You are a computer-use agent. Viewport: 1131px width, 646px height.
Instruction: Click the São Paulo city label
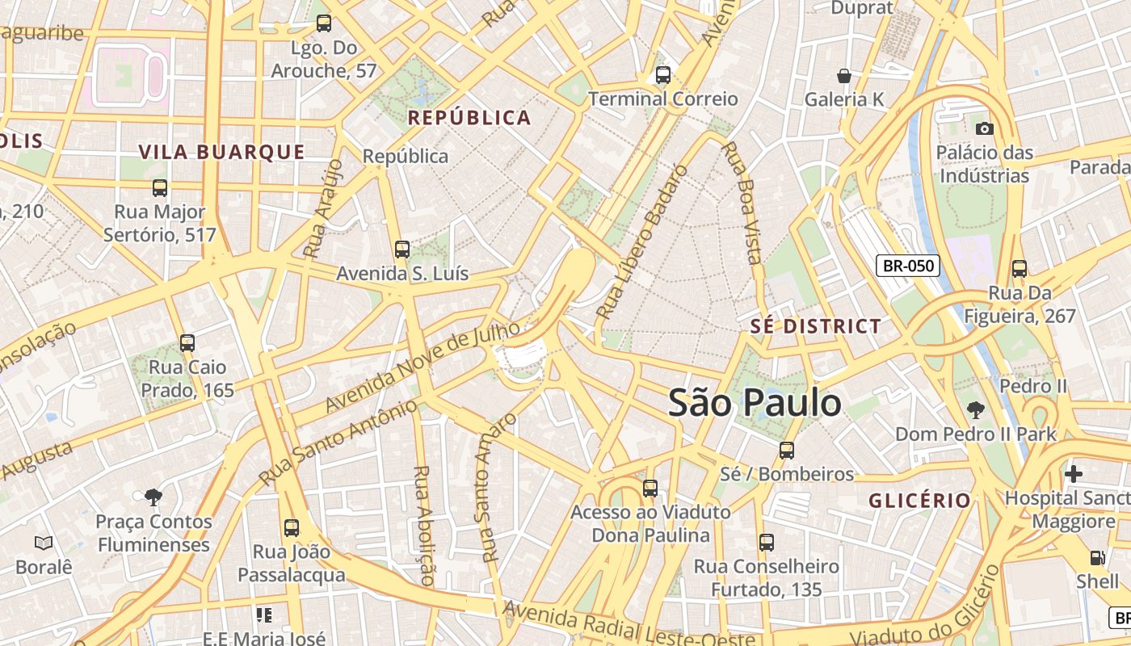point(755,402)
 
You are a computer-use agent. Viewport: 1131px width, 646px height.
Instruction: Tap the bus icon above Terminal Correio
point(663,75)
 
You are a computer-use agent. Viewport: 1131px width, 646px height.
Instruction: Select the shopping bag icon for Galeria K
point(844,76)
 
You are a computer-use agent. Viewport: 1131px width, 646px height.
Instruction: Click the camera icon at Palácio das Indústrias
point(984,128)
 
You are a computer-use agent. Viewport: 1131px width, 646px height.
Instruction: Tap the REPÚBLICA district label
point(469,118)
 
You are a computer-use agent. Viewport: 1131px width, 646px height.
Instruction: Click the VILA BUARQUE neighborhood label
point(222,152)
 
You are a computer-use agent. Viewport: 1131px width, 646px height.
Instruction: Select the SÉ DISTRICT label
point(816,326)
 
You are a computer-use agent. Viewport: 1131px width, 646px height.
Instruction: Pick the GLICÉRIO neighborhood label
point(919,501)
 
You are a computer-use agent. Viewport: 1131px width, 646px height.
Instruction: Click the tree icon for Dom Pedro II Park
point(975,410)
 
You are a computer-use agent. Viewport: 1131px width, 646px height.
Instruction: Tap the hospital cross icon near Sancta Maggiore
point(1073,474)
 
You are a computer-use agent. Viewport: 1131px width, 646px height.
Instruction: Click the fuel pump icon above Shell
point(1097,557)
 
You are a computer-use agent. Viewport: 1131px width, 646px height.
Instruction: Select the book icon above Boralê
point(44,543)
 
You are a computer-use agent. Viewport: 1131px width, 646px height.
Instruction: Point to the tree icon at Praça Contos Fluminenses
point(153,497)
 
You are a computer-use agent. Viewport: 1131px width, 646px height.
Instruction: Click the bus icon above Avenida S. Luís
point(402,250)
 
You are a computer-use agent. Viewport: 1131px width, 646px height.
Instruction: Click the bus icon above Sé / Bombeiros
point(786,450)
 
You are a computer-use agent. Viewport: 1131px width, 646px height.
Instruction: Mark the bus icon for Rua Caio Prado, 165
point(187,343)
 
